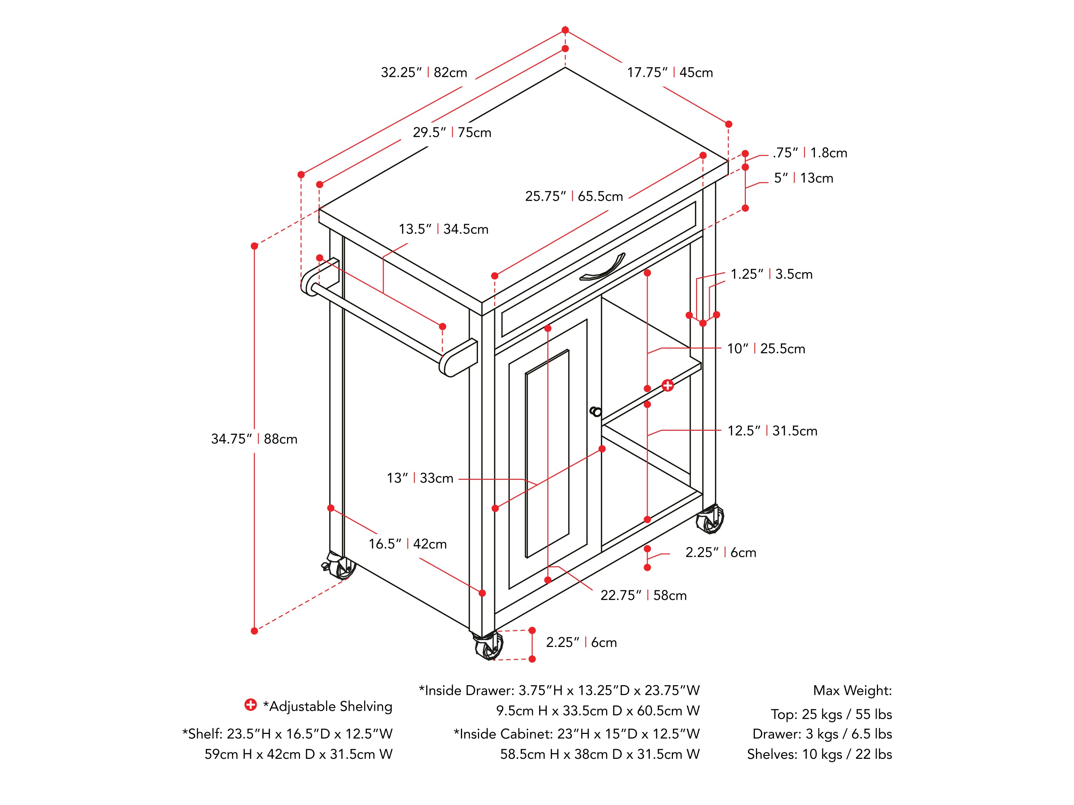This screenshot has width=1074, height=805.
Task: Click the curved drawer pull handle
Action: pos(603,268)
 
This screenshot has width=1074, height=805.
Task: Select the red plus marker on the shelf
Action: pos(668,385)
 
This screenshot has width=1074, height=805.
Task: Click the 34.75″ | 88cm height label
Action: pos(254,439)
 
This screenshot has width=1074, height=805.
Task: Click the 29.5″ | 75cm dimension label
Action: pos(452,132)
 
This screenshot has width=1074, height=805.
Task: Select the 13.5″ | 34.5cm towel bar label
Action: pos(443,229)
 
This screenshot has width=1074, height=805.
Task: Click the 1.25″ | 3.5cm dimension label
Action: pos(771,274)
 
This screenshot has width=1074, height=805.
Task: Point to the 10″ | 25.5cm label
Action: pos(766,349)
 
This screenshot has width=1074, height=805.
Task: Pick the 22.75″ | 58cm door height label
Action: pos(643,595)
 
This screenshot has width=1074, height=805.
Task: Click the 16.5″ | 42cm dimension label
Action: pos(407,544)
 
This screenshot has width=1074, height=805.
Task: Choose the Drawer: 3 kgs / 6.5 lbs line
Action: pos(822,734)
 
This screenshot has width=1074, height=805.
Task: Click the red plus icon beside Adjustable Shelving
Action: pos(251,705)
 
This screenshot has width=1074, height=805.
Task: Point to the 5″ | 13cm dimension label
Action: pos(804,178)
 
